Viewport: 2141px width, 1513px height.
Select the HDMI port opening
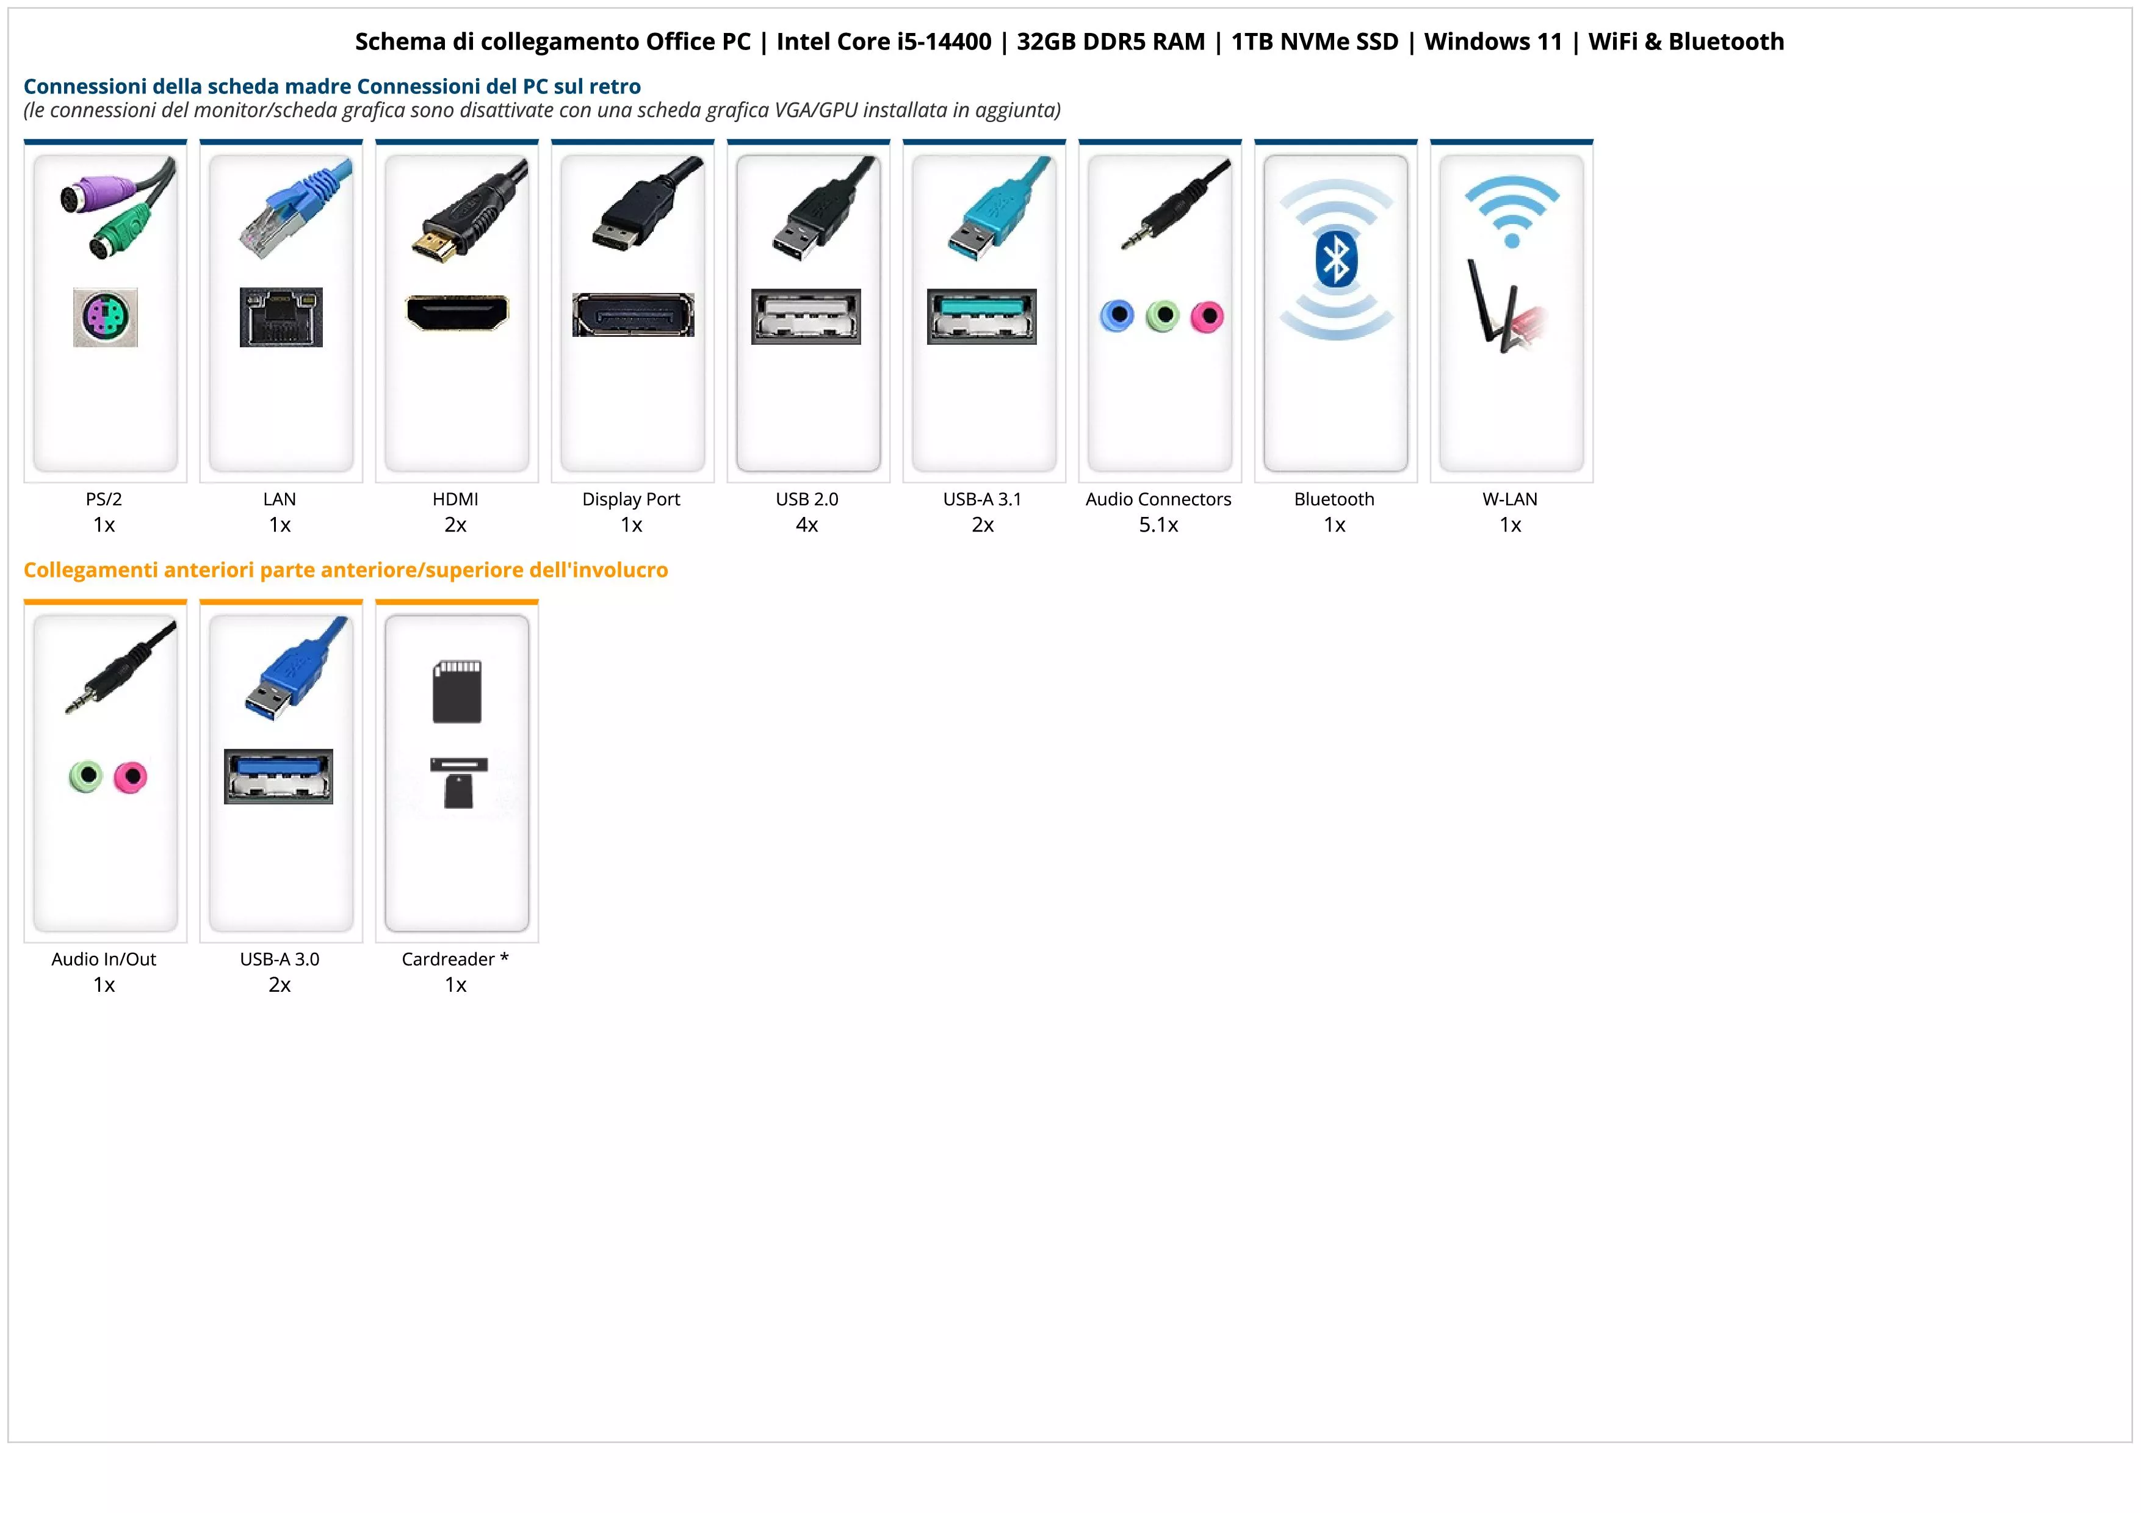coord(457,312)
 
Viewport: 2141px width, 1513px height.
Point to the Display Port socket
coord(633,315)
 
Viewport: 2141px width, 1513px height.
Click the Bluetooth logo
coord(1335,259)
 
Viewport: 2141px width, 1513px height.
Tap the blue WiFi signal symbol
coord(1512,212)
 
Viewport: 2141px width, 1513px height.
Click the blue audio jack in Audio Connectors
coord(1117,316)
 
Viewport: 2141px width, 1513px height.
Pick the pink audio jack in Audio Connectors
coord(1208,317)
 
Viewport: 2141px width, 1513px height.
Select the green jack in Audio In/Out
coord(86,776)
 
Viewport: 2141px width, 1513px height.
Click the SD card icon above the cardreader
coord(457,692)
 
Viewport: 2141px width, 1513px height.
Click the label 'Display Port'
coord(631,500)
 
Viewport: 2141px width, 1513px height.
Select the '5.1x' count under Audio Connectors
coord(1158,525)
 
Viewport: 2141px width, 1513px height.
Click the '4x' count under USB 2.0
coord(807,525)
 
